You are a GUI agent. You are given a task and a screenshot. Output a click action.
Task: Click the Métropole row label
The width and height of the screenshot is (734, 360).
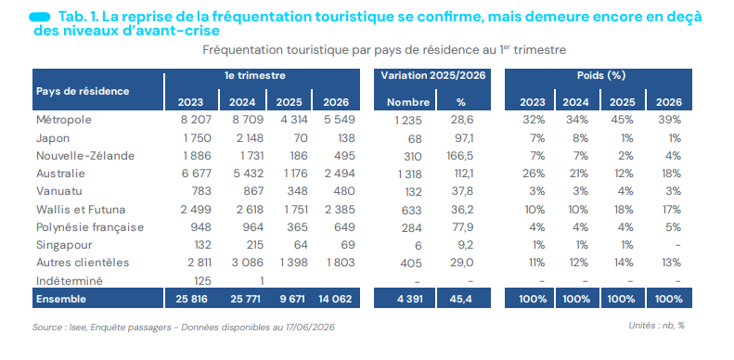(64, 120)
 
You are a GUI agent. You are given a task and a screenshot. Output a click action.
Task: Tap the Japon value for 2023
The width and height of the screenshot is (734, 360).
(196, 138)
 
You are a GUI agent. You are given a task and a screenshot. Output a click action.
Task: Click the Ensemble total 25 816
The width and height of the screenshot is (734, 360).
(191, 299)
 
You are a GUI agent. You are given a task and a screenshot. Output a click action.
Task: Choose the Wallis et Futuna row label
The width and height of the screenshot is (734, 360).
(81, 210)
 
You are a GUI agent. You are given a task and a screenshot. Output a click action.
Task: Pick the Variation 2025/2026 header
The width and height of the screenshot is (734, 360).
(432, 76)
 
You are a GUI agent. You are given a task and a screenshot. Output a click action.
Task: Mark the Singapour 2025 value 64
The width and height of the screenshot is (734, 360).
(299, 245)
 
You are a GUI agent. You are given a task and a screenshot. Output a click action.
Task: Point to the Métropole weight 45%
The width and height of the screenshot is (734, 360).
(623, 120)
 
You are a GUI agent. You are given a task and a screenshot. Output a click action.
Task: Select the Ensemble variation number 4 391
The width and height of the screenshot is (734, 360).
(408, 299)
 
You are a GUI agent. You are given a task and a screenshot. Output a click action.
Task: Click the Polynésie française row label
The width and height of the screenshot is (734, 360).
(90, 227)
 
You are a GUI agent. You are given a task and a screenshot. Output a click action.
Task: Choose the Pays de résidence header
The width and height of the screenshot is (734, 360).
(83, 91)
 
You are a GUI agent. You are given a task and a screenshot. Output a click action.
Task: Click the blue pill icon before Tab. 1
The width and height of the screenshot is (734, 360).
(40, 17)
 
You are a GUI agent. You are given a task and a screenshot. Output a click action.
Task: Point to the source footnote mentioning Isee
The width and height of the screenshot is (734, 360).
(184, 328)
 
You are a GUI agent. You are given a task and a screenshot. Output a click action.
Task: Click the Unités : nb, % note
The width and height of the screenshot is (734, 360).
(656, 326)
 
